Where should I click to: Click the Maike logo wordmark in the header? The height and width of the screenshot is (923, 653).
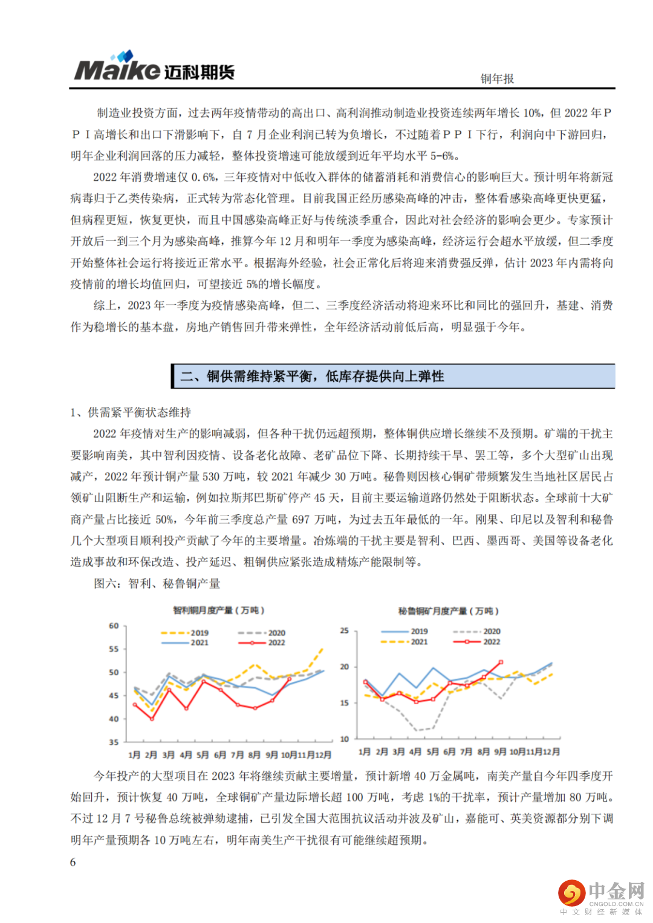coord(118,70)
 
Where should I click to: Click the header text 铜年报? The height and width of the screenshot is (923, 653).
coord(497,79)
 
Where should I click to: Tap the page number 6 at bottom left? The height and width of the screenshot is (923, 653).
coord(73,862)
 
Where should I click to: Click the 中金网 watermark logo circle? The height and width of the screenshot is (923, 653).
coord(571,893)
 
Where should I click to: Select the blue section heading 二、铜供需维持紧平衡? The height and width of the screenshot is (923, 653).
coord(313,376)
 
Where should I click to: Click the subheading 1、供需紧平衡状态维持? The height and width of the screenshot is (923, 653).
coord(131,412)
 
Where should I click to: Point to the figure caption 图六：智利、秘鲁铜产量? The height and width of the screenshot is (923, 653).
coord(157,583)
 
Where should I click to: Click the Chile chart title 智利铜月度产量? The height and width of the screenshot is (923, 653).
coord(218,610)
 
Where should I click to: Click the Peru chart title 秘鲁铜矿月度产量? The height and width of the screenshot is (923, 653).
coord(448,611)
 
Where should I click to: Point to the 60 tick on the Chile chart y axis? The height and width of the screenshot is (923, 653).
coord(114,626)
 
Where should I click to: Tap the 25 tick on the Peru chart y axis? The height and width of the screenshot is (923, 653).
coord(345,630)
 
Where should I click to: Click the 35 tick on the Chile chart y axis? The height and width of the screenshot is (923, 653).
coord(114,742)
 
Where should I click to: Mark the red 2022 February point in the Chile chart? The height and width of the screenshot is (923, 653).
coord(152,719)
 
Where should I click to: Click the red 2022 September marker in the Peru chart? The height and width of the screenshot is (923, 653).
coord(500,662)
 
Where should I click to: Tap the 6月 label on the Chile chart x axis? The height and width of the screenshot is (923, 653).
coord(220,754)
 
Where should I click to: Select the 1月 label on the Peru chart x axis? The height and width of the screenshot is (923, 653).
coord(365,751)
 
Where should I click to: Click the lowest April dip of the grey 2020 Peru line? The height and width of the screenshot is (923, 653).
coord(416,730)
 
